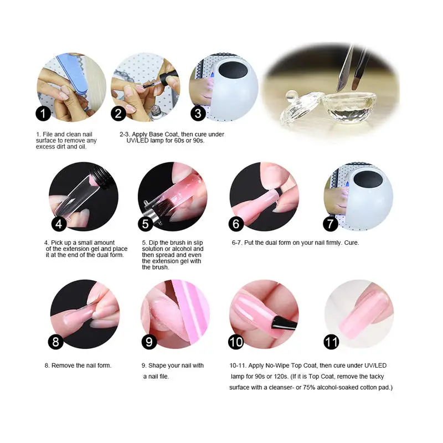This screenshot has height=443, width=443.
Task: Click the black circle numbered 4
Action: (x=59, y=224)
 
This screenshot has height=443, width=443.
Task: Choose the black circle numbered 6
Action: (x=237, y=224)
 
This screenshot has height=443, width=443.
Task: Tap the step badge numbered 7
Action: (x=331, y=224)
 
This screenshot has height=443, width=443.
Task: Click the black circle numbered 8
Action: (x=55, y=342)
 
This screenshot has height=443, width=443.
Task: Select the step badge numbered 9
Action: (x=148, y=342)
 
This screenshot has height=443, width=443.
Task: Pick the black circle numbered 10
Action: (x=236, y=342)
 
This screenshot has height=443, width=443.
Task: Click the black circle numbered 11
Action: (x=331, y=342)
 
